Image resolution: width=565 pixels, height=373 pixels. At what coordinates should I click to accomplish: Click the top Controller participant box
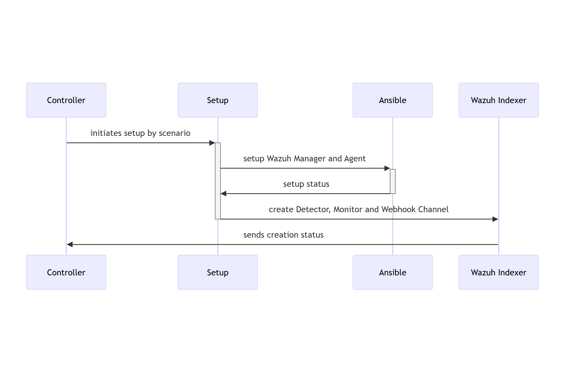[x=66, y=100]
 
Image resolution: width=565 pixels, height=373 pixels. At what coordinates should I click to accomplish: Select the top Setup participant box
[x=218, y=100]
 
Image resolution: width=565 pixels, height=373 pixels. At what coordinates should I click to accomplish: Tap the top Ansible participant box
[x=392, y=100]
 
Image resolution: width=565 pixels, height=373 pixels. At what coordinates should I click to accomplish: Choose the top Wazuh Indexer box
[x=498, y=100]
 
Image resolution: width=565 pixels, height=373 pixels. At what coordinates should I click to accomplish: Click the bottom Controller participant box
[x=66, y=272]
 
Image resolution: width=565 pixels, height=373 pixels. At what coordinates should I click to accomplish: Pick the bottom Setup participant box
[x=218, y=272]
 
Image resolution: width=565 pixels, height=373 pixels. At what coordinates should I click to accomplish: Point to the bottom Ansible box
[x=392, y=272]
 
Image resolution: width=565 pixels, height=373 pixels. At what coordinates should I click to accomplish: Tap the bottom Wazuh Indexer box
[x=498, y=272]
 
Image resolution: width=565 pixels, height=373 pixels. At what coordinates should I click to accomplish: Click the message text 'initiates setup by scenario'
[x=140, y=133]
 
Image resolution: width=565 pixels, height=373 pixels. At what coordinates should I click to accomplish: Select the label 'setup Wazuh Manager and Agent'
[x=304, y=159]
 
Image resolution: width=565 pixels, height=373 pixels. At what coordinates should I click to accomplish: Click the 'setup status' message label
[x=306, y=184]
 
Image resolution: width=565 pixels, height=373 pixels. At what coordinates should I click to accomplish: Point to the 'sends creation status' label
[x=283, y=235]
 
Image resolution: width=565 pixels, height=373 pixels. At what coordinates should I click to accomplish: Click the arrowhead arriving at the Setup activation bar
[x=212, y=143]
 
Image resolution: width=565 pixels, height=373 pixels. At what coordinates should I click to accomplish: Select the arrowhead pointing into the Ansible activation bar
[x=387, y=168]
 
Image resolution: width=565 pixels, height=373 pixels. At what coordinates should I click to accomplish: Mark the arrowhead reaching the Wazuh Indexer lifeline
[x=495, y=219]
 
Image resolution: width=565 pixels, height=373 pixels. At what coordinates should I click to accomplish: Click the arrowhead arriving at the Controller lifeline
[x=70, y=244]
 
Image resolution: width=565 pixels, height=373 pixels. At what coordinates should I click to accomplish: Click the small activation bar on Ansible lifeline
[x=392, y=181]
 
